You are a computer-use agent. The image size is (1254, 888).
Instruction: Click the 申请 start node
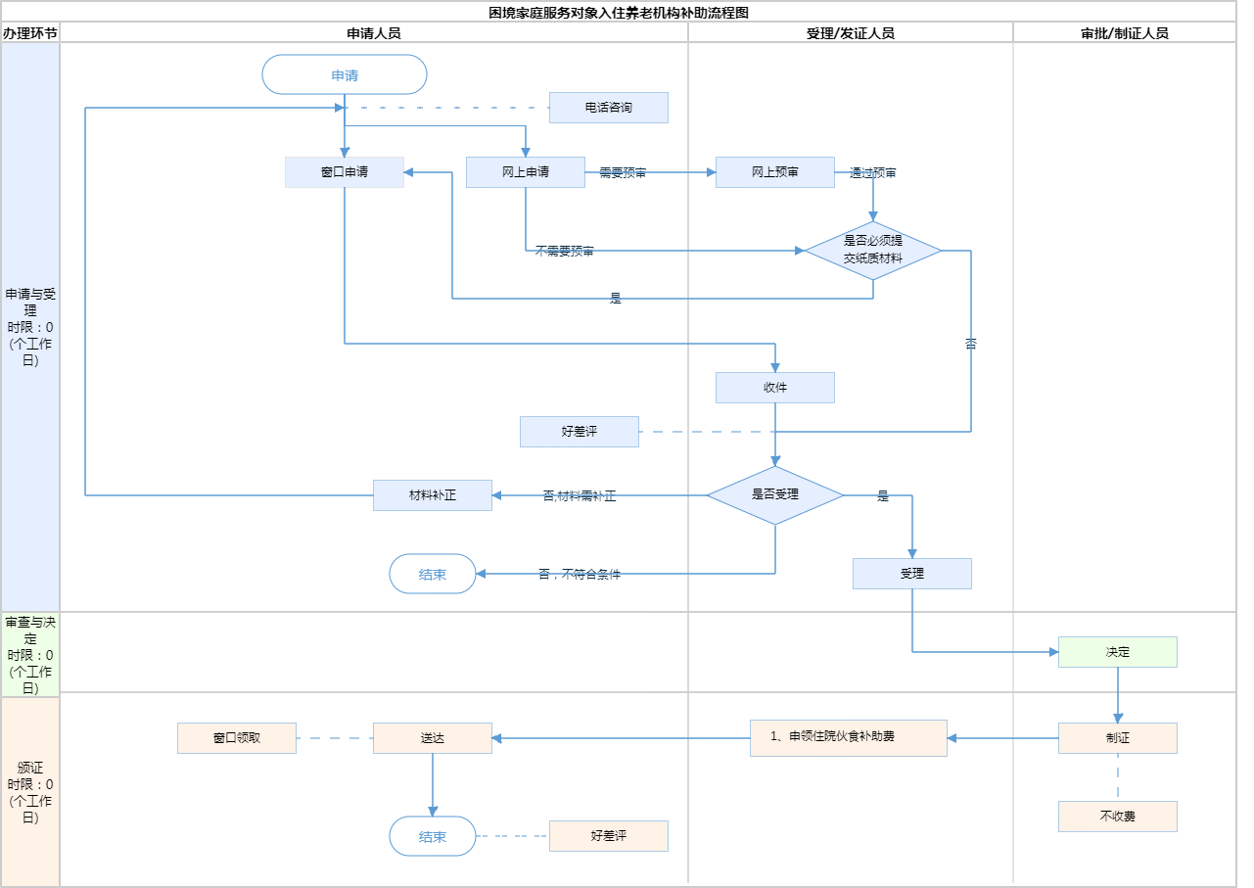[345, 74]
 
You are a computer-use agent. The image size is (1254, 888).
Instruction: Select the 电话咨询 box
[608, 108]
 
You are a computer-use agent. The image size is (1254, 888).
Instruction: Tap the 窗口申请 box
[345, 172]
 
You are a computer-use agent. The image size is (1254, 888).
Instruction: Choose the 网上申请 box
[526, 172]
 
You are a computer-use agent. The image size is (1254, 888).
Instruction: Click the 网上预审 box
[775, 172]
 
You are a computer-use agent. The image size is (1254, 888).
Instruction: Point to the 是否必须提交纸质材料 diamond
[873, 251]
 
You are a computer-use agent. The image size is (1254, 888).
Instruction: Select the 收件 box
[775, 388]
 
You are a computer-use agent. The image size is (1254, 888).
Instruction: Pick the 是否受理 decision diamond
[775, 495]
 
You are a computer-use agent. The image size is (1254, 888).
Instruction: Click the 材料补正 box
[433, 495]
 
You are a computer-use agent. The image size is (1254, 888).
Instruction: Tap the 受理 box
[912, 574]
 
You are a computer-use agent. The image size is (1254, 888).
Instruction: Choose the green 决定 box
[1118, 652]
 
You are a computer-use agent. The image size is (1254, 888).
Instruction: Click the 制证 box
[1118, 738]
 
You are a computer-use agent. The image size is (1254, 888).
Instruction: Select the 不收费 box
[1118, 817]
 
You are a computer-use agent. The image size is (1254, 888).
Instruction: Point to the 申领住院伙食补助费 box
[849, 737]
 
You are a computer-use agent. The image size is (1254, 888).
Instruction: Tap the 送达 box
[433, 738]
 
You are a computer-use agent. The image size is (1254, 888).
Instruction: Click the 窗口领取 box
[237, 738]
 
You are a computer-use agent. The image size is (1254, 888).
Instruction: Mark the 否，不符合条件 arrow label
[580, 575]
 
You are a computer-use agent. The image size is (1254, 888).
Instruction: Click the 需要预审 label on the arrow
[623, 172]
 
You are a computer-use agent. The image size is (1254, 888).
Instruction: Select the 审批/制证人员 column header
[1125, 32]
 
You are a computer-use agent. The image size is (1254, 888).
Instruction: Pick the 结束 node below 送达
[433, 836]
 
